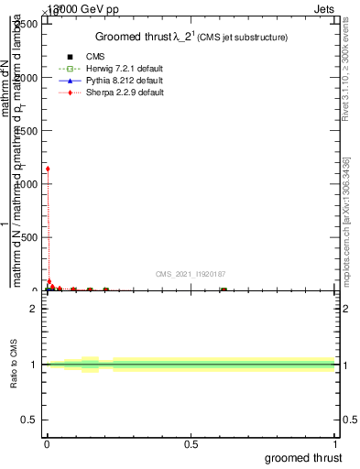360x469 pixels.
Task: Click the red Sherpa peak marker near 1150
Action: tap(48, 169)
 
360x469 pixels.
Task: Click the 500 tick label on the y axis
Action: tap(29, 237)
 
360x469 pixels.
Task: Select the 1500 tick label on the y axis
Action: tap(27, 131)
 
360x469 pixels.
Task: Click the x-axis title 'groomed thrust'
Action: tap(303, 457)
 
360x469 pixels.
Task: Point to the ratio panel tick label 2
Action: tap(34, 309)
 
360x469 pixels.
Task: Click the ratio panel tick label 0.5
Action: tap(29, 421)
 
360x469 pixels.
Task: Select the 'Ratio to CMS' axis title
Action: tap(15, 365)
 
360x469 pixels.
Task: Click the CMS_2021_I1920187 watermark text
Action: tap(190, 274)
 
